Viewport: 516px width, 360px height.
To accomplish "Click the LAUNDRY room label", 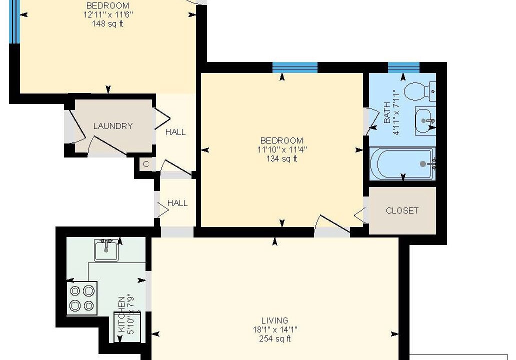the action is (x=113, y=126).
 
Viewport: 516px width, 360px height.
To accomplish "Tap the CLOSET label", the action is (x=402, y=210).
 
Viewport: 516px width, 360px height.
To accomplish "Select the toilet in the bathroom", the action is (x=420, y=91).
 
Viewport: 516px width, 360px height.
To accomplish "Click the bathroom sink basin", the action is (x=425, y=121).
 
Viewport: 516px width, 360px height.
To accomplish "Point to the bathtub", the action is (x=402, y=163).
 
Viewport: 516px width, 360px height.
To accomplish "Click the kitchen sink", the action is (x=106, y=250).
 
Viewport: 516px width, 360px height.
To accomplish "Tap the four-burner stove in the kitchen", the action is (x=82, y=298).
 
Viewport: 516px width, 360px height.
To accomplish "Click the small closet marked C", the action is (x=146, y=164).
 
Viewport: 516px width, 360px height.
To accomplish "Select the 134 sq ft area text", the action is (x=281, y=159).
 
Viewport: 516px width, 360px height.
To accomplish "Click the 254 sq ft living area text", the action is (x=275, y=339).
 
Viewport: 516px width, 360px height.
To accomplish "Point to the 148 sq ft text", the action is (x=107, y=23).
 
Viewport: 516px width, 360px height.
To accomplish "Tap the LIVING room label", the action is (x=275, y=320).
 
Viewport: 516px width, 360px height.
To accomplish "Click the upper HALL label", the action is (x=175, y=132).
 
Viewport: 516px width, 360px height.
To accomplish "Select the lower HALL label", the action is (x=177, y=203).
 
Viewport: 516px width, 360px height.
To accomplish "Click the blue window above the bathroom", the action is (x=404, y=67).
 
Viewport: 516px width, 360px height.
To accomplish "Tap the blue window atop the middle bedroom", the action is (x=295, y=67).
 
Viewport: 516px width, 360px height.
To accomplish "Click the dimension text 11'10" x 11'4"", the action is (x=281, y=149).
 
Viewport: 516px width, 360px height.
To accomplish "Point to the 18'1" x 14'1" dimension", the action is (x=275, y=329).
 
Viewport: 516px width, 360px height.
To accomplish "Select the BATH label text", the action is (x=387, y=112).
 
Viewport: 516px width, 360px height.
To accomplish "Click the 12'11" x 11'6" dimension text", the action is (x=108, y=15).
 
